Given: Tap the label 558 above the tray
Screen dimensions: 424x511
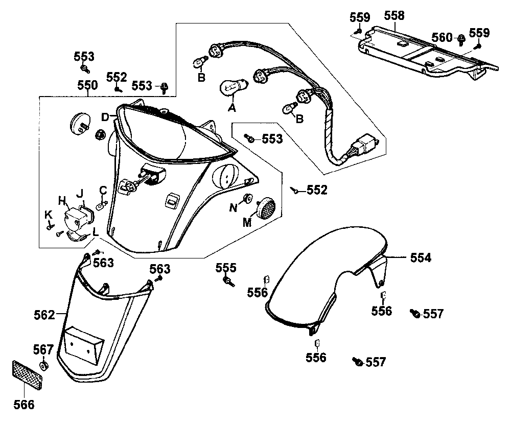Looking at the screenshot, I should (394, 16).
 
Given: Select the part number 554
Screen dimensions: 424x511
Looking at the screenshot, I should (421, 258).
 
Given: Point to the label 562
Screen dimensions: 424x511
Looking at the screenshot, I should (44, 315).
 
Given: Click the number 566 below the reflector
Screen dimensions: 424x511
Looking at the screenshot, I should (24, 405).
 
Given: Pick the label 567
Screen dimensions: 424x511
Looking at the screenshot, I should (43, 350).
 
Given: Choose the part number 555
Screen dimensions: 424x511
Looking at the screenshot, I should (226, 268).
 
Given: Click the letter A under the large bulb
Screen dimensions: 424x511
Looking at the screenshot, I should (232, 108).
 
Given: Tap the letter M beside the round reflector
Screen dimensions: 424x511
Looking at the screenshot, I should (248, 222).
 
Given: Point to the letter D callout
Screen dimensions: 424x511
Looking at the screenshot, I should (105, 117).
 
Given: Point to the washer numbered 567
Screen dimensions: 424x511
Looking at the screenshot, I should (44, 365).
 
